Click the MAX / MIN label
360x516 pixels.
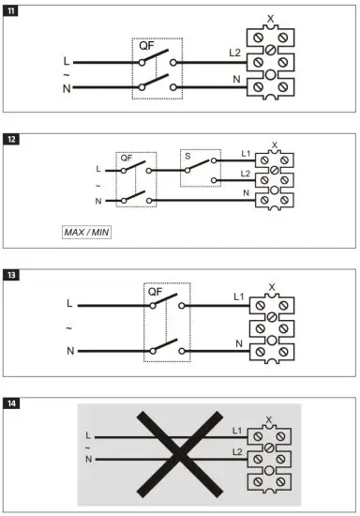coord(79,229)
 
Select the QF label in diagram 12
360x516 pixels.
coord(127,159)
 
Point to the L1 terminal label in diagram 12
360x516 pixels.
coord(245,153)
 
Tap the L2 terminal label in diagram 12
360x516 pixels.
coord(245,175)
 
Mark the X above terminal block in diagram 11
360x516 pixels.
coord(271,19)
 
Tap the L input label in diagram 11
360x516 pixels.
coord(64,62)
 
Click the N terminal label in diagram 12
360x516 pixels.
coord(247,193)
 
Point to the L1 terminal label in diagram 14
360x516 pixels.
coord(240,429)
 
